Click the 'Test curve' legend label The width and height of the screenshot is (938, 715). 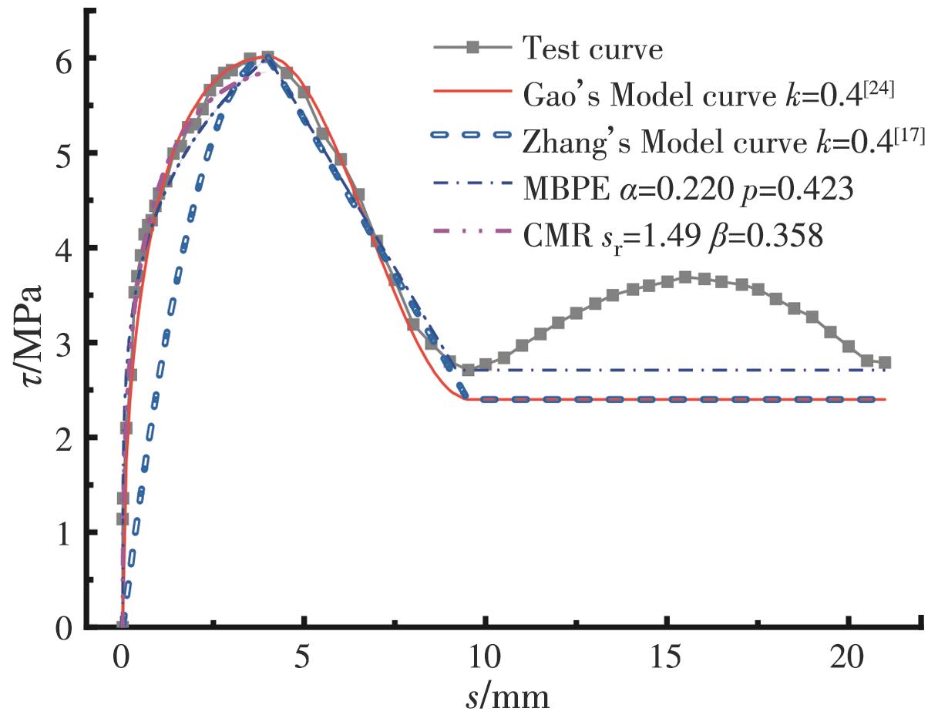point(592,50)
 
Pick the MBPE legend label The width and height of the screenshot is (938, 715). point(688,187)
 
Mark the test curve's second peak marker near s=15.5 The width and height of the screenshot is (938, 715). point(684,277)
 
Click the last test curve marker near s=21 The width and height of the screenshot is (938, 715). point(884,362)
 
